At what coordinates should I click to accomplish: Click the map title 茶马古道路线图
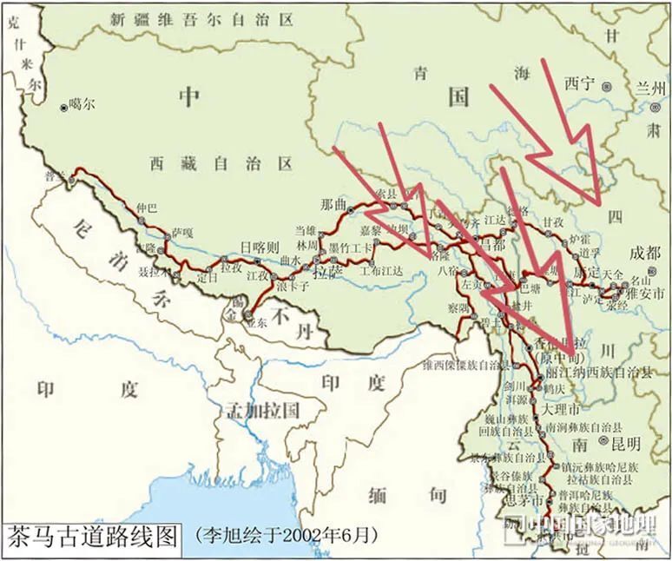click(x=93, y=534)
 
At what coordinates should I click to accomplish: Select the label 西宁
click(x=579, y=84)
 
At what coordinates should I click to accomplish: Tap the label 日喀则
click(x=260, y=247)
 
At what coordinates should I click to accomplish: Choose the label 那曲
click(x=333, y=206)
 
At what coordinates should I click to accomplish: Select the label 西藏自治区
click(x=221, y=162)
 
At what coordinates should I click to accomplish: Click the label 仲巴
click(x=147, y=208)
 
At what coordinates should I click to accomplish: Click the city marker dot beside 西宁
click(x=607, y=85)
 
